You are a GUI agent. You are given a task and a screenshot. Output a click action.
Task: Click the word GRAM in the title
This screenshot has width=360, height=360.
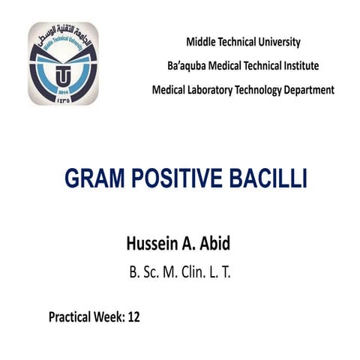click(x=97, y=179)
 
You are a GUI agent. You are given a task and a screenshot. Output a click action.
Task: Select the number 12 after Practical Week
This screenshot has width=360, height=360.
click(x=133, y=316)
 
